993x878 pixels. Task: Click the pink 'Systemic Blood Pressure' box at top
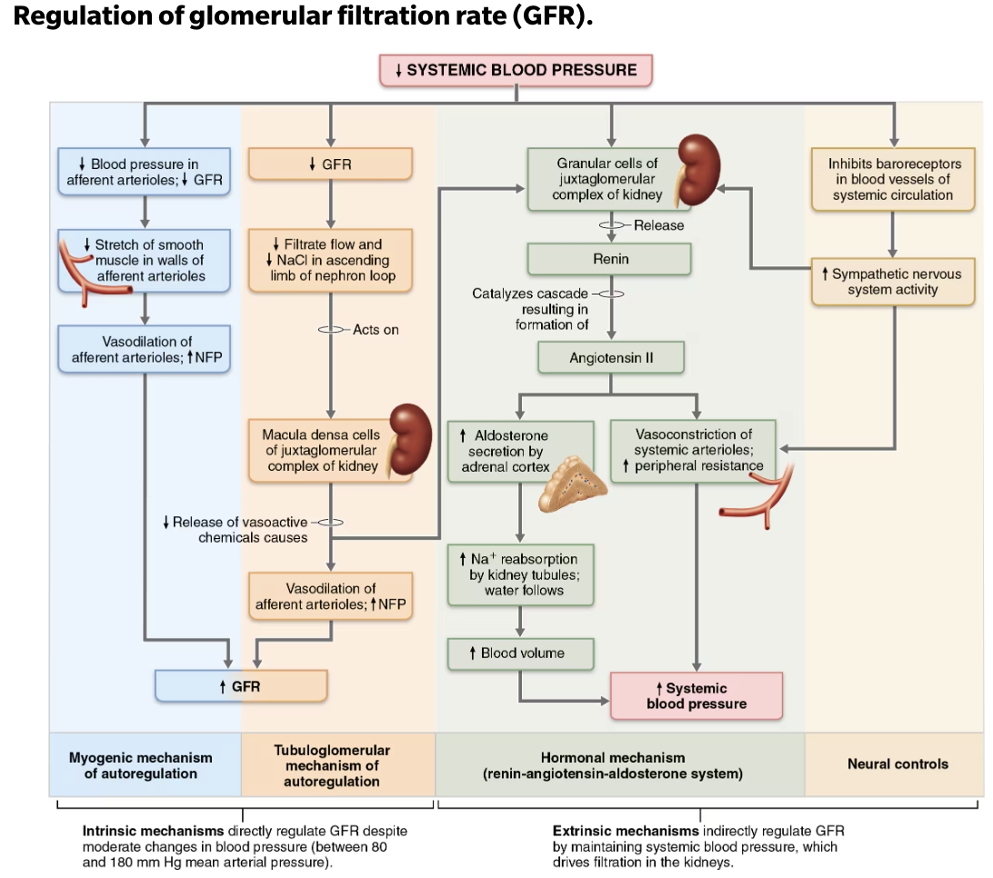click(517, 70)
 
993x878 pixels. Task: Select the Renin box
click(610, 259)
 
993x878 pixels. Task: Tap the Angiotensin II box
click(610, 357)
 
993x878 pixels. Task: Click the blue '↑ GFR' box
click(240, 686)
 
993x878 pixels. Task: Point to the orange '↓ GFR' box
click(330, 165)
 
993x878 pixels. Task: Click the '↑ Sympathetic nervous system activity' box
click(896, 281)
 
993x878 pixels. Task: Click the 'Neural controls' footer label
click(897, 763)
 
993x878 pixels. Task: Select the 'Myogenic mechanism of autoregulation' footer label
click(140, 764)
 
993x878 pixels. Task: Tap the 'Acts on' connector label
click(376, 329)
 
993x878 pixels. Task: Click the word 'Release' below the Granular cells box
click(658, 224)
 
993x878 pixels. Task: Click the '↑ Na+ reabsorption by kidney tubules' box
click(520, 574)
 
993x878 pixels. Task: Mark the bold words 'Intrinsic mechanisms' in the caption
click(135, 831)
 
